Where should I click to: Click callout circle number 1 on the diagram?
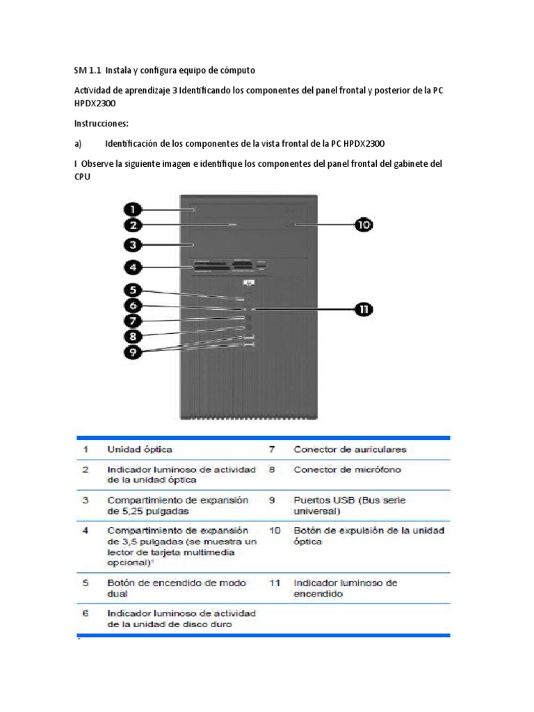pyautogui.click(x=134, y=209)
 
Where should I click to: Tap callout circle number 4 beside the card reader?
pyautogui.click(x=134, y=266)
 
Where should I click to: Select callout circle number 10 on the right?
pyautogui.click(x=364, y=225)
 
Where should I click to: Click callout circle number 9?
pyautogui.click(x=134, y=352)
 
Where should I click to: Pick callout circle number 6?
pyautogui.click(x=134, y=306)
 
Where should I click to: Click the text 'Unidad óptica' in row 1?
pyautogui.click(x=139, y=449)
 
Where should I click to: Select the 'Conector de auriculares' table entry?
pyautogui.click(x=350, y=449)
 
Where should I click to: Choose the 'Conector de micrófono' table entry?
pyautogui.click(x=347, y=469)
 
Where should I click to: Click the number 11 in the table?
pyautogui.click(x=275, y=583)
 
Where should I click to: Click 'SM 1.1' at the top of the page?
pyautogui.click(x=88, y=70)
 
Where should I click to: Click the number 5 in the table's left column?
pyautogui.click(x=85, y=583)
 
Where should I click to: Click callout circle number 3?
pyautogui.click(x=134, y=245)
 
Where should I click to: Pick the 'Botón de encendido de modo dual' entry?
pyautogui.click(x=176, y=588)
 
